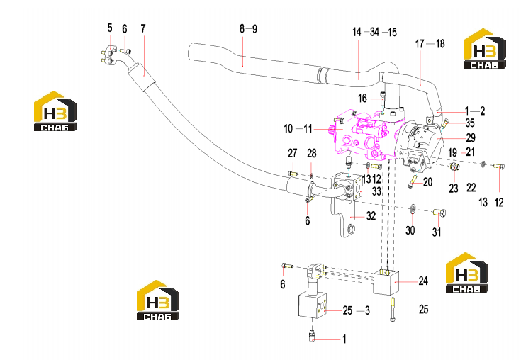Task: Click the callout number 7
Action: [x=143, y=29]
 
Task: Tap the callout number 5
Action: [x=110, y=28]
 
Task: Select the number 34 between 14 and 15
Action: [x=374, y=32]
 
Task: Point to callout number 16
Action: [x=362, y=99]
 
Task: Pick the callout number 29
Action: [x=471, y=137]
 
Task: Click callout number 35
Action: [x=470, y=123]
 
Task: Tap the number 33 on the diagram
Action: [x=376, y=191]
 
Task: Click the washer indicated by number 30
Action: [x=413, y=208]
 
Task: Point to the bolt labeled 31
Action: [x=439, y=212]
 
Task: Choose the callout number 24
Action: [x=423, y=281]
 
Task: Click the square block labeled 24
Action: [x=386, y=282]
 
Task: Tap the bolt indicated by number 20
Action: [x=413, y=181]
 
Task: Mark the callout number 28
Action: [x=311, y=154]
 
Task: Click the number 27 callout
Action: [x=292, y=153]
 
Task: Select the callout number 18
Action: [x=440, y=43]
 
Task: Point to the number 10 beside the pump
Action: [x=288, y=128]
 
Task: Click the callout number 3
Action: [x=367, y=310]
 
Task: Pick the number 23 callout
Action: [x=453, y=189]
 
